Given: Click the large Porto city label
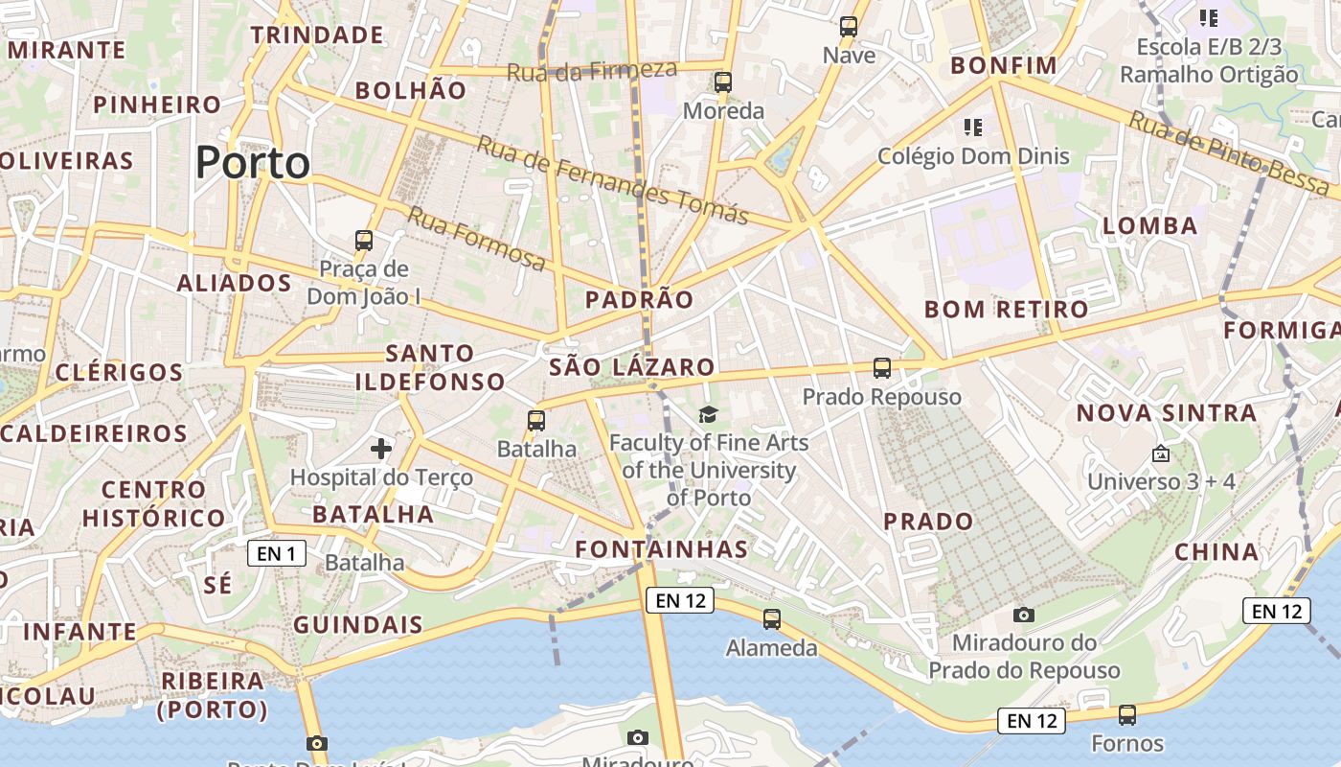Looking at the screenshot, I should [253, 163].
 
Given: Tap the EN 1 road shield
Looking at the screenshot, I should [277, 553].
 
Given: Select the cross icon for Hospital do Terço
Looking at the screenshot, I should [381, 448].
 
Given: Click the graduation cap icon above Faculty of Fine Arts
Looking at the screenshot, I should [708, 414].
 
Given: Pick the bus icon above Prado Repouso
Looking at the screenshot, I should [881, 367].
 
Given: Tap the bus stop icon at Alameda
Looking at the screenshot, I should [772, 619].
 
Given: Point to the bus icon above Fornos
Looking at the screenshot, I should [1127, 714].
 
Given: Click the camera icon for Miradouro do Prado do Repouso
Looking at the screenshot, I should [1023, 615].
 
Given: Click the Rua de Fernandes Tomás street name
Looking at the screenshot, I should [612, 179].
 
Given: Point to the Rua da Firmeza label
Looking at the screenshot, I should [591, 70].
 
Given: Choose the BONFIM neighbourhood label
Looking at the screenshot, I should [1004, 66].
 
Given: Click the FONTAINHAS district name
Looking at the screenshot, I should [661, 549].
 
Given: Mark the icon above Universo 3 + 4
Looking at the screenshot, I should [1161, 453].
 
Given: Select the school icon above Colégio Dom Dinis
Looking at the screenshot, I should [973, 127].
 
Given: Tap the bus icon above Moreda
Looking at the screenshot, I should [723, 82].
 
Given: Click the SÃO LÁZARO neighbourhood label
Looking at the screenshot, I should [631, 367].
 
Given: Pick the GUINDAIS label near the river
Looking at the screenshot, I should [357, 625].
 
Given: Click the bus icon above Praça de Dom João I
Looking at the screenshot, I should [363, 240].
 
